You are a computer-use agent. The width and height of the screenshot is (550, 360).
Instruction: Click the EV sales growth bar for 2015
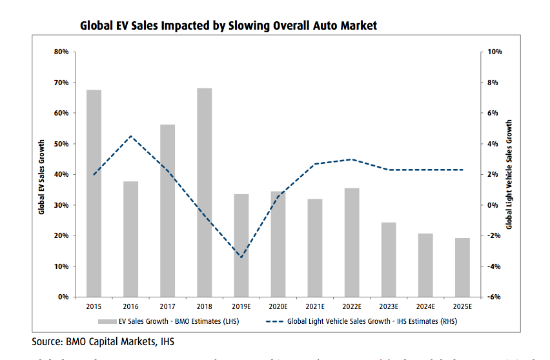(94, 194)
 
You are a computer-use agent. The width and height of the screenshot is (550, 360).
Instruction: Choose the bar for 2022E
(352, 242)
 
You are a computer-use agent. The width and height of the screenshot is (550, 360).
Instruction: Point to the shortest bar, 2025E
(462, 267)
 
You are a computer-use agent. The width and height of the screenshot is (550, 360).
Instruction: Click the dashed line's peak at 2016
(130, 136)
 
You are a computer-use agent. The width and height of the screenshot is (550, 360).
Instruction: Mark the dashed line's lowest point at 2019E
(241, 257)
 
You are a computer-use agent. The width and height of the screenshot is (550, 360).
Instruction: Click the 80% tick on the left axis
(61, 52)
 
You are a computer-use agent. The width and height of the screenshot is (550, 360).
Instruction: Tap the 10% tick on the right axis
(494, 52)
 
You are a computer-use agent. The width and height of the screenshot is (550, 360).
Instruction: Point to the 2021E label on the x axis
(315, 306)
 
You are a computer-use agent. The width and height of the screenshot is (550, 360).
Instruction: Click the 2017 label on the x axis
(167, 306)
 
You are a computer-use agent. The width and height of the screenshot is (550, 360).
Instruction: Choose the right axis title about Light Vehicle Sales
(509, 174)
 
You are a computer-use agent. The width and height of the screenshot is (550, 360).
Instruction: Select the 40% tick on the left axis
(61, 174)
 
